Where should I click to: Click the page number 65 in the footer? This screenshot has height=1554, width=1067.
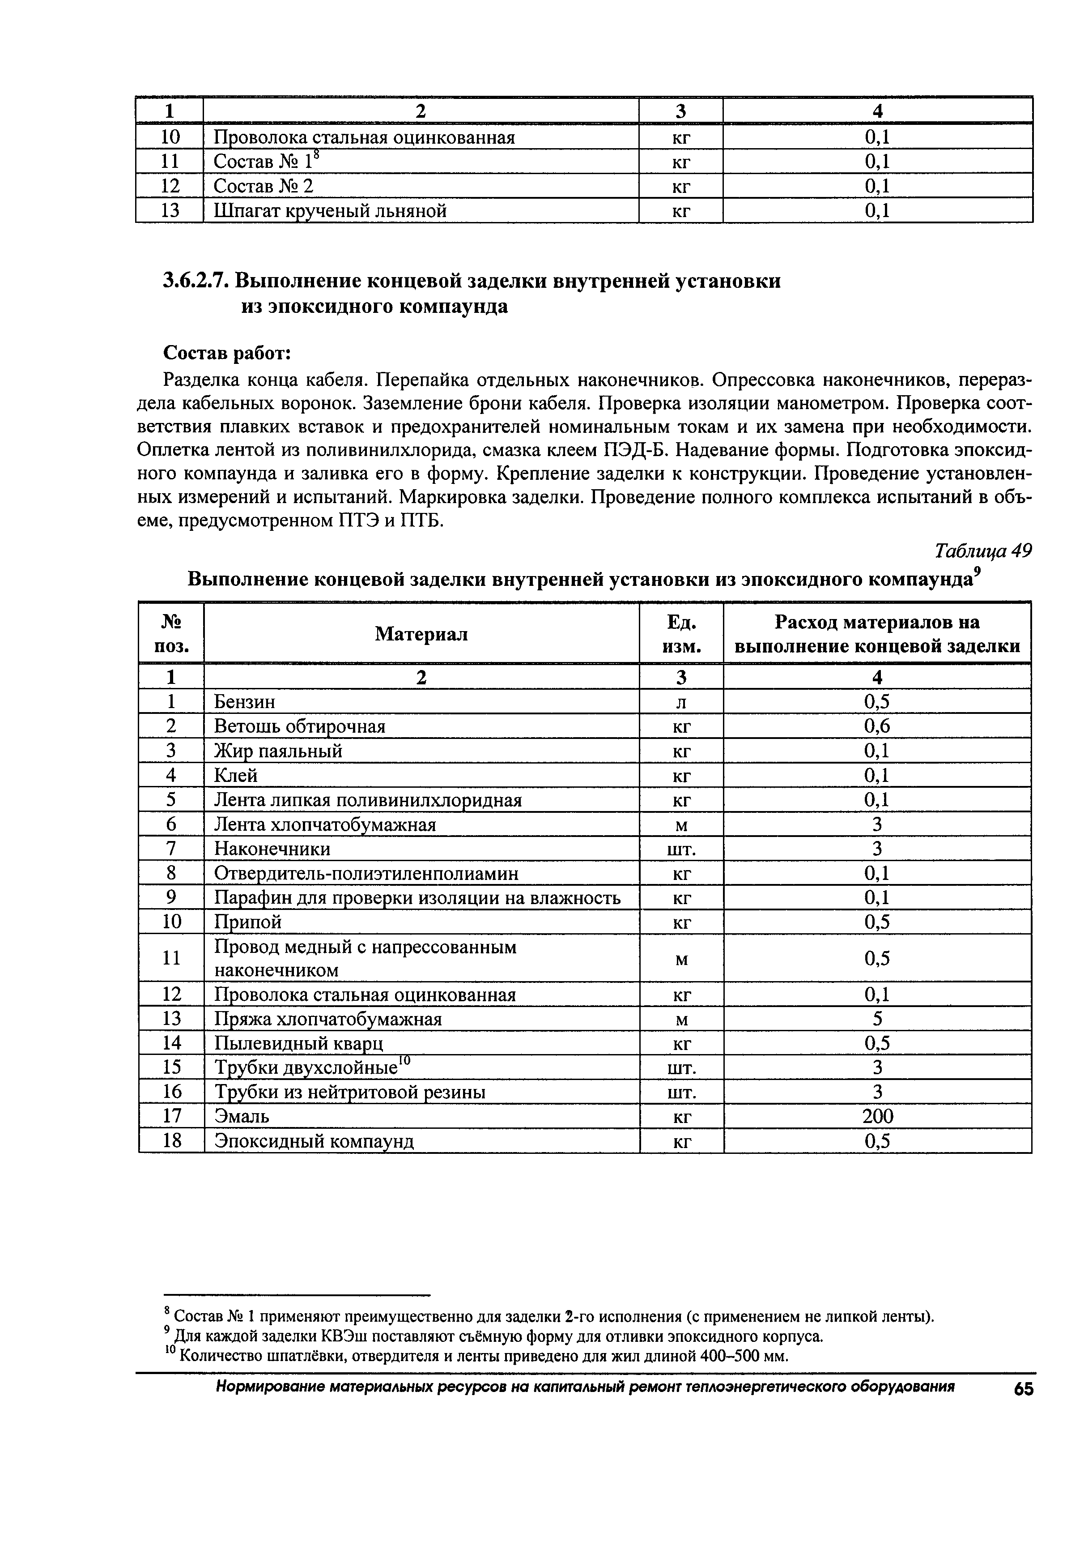(x=1023, y=1389)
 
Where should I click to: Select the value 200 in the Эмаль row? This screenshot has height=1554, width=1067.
(x=877, y=1116)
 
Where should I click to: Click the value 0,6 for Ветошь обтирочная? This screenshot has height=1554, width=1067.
(x=877, y=726)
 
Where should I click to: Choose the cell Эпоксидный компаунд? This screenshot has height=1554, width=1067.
(x=314, y=1141)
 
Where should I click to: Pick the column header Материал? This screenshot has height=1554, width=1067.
(x=421, y=634)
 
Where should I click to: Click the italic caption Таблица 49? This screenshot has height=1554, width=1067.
(x=983, y=551)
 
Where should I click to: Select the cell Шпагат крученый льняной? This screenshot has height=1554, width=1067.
(x=330, y=211)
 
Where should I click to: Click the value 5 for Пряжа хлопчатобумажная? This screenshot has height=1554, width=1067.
(x=877, y=1019)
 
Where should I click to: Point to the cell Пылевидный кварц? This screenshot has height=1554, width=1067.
(x=299, y=1043)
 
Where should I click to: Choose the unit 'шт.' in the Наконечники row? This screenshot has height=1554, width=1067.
(x=681, y=849)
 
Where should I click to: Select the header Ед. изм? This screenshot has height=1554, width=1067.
(x=681, y=634)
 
